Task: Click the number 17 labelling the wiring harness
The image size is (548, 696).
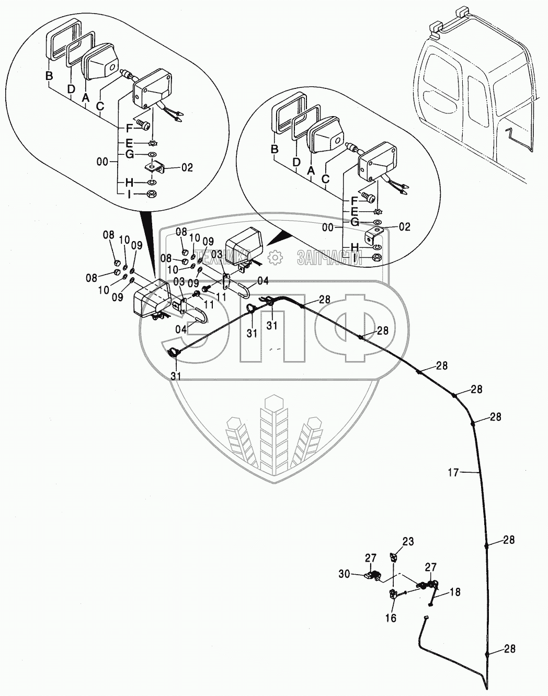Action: coord(453,473)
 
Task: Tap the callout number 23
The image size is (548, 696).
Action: coord(407,542)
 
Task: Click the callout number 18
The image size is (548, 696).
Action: coord(454,592)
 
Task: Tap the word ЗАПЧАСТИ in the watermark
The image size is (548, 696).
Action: coord(330,257)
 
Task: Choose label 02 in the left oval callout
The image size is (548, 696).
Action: coord(187,168)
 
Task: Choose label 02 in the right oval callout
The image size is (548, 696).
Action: coord(405,227)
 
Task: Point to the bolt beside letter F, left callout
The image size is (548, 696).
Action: coord(143,125)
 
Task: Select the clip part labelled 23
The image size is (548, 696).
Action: coord(394,557)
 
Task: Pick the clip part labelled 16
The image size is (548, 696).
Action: coord(392,595)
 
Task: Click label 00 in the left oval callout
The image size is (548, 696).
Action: coord(103,163)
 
